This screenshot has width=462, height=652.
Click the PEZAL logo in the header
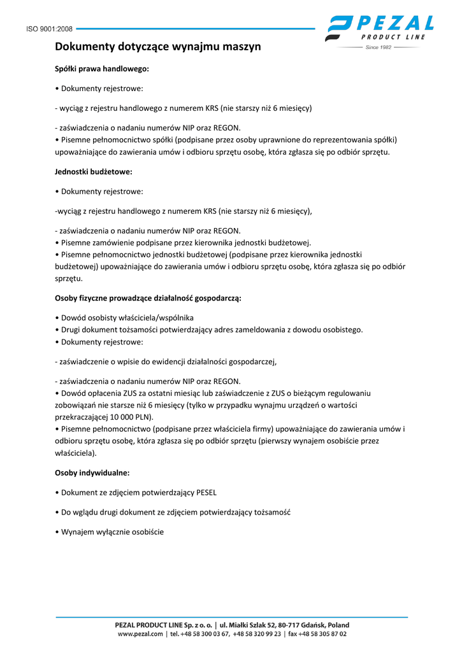pos(380,29)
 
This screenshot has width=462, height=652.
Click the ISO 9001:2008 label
pos(49,29)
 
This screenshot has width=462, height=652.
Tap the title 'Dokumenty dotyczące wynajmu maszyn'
pos(157,46)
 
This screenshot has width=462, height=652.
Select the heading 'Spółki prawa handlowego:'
pos(102,68)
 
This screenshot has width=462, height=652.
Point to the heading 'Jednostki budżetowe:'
pos(94,171)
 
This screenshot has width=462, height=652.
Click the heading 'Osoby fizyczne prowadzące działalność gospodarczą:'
pos(148,297)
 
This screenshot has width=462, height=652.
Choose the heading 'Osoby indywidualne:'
pos(92,472)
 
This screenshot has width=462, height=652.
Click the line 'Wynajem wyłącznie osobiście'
pos(110,532)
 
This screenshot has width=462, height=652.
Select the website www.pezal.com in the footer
pos(140,634)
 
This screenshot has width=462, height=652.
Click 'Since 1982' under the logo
pos(379,47)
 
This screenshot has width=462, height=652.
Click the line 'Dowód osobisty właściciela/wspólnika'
pos(124,317)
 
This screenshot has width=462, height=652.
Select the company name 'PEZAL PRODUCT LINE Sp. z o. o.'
pos(164,625)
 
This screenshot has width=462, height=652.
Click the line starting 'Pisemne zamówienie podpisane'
pos(183,243)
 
